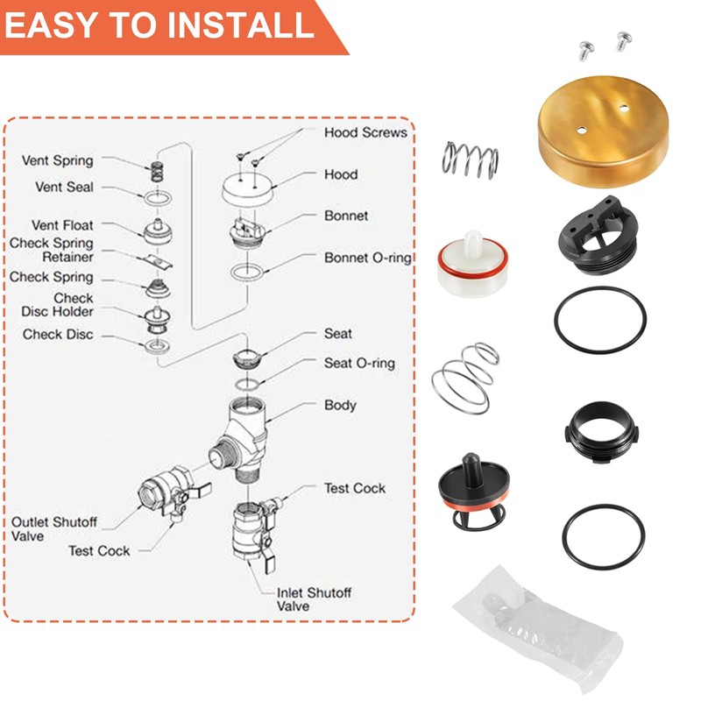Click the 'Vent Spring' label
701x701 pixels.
pos(57,161)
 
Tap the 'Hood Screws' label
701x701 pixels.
pos(365,133)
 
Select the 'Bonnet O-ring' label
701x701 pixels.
pos(368,258)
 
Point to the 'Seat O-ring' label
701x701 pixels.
pos(359,363)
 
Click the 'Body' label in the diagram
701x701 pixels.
pos(340,406)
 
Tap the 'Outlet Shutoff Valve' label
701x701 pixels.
pos(54,529)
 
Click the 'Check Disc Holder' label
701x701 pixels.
pos(72,306)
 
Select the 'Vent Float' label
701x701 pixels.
pos(62,225)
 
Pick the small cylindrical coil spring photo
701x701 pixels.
pos(467,159)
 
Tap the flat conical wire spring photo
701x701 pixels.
pos(464,377)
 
